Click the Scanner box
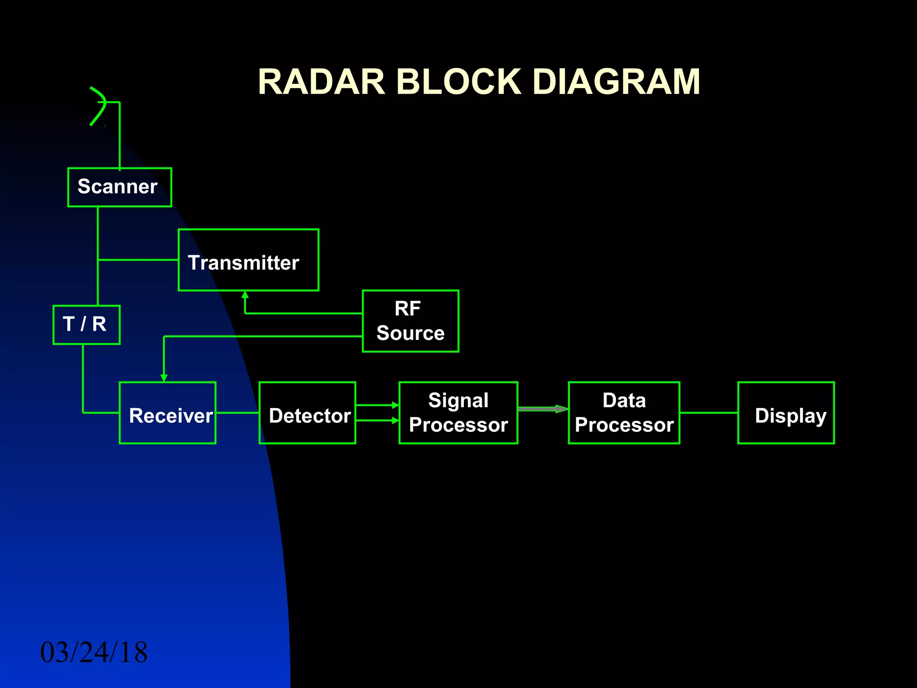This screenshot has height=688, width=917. (x=119, y=187)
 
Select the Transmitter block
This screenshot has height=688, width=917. (x=248, y=260)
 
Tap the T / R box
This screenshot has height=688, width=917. (x=86, y=325)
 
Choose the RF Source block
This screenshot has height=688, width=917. (x=410, y=321)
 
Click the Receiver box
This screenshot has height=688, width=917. (x=167, y=413)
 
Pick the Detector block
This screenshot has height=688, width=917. (x=307, y=413)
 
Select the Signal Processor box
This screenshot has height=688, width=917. (x=458, y=413)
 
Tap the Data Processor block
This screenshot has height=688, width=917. (x=624, y=413)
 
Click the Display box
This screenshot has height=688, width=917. (x=786, y=413)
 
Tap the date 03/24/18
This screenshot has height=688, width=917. (x=94, y=652)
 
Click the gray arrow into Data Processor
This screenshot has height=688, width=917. (x=542, y=408)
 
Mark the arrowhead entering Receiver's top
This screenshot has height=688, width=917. (x=164, y=378)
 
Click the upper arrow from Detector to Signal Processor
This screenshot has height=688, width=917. (x=377, y=405)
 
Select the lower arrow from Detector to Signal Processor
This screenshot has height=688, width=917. (x=377, y=421)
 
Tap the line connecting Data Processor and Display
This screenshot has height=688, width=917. (x=708, y=413)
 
